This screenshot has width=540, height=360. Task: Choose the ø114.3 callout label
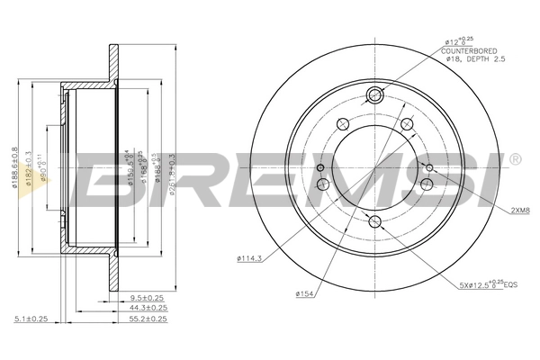pyautogui.click(x=251, y=259)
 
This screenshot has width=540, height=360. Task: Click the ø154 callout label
pyautogui.click(x=304, y=293)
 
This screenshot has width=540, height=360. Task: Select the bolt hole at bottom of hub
pyautogui.click(x=376, y=222)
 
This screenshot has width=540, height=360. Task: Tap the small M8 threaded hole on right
pyautogui.click(x=429, y=167)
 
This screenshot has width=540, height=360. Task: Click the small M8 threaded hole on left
pyautogui.click(x=322, y=167)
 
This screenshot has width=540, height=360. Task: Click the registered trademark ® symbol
pyautogui.click(x=514, y=159)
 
